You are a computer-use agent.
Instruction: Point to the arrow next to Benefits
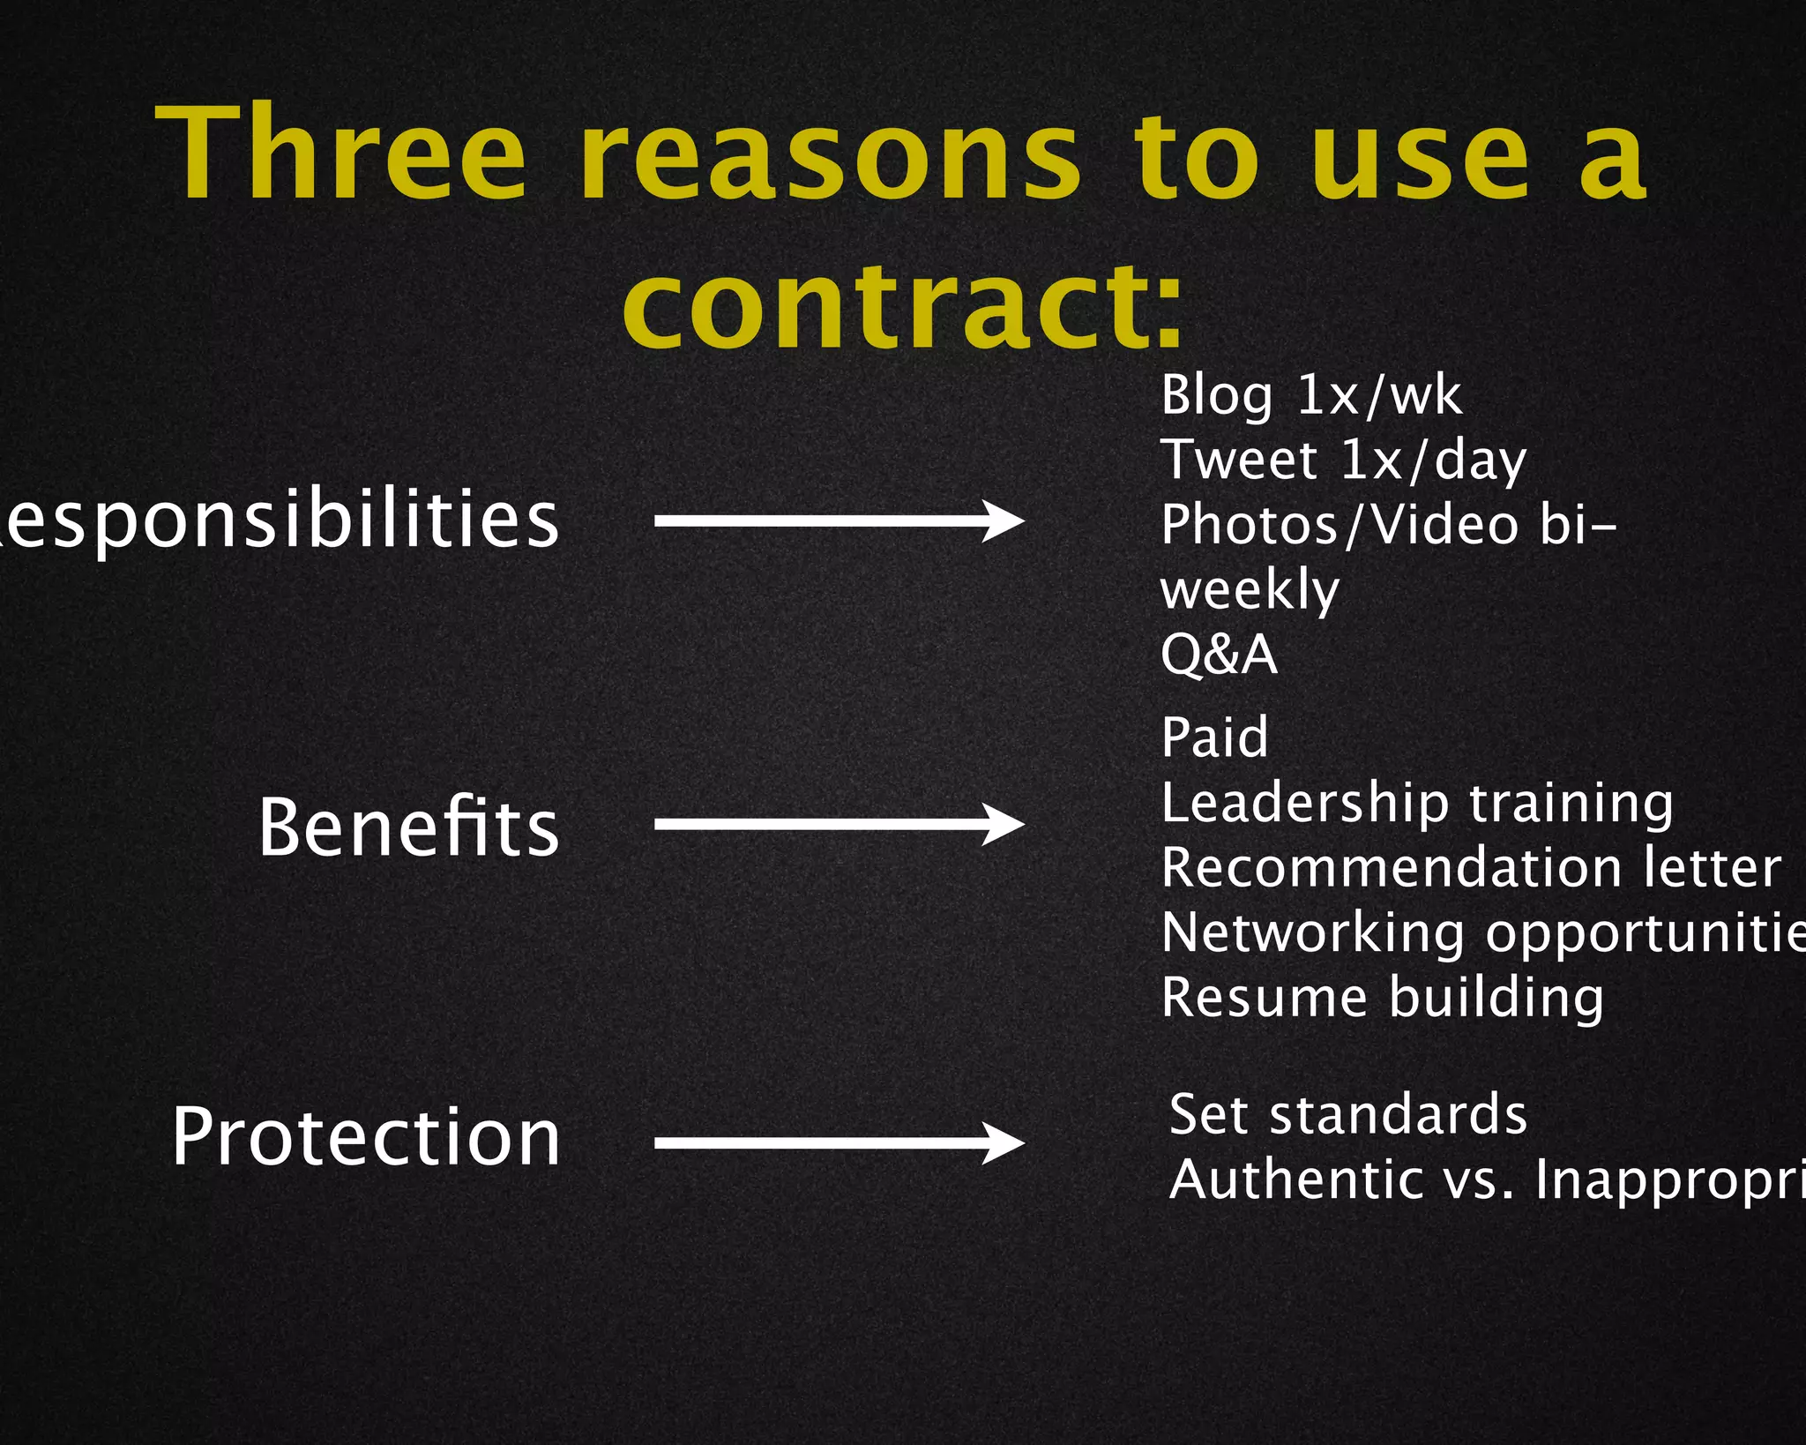pos(839,825)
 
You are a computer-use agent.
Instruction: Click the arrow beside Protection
pos(839,1143)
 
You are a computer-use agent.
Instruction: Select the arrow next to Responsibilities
pos(839,520)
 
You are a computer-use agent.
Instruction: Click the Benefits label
pos(409,827)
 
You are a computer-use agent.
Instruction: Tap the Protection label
pos(366,1137)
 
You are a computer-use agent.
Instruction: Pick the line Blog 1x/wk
pos(1310,395)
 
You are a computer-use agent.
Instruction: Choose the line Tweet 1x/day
pos(1343,460)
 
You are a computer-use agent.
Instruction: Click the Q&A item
pos(1219,655)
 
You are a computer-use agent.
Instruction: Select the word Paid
pos(1214,737)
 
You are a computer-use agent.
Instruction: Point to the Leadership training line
pos(1416,804)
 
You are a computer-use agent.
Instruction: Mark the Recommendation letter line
pos(1470,868)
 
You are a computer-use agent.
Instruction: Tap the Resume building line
pos(1382,998)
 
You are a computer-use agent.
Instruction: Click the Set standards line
pos(1347,1114)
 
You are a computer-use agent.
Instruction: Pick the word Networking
pos(1313,933)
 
